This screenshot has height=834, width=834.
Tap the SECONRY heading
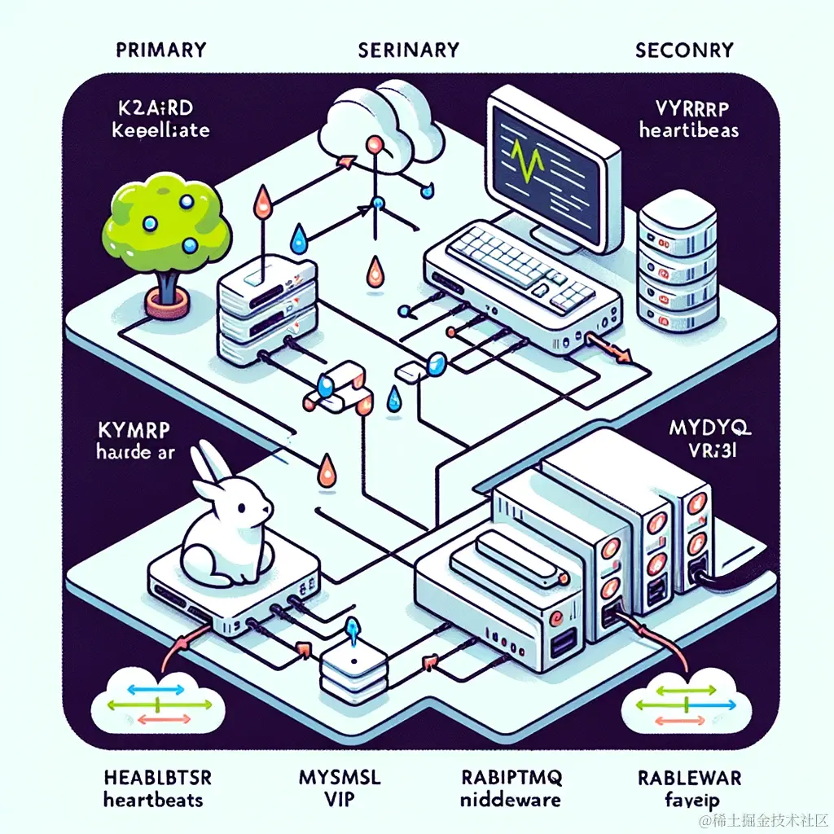coord(683,50)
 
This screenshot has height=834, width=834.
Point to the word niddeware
coord(511,800)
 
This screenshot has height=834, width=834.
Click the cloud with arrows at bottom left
coord(160,700)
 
